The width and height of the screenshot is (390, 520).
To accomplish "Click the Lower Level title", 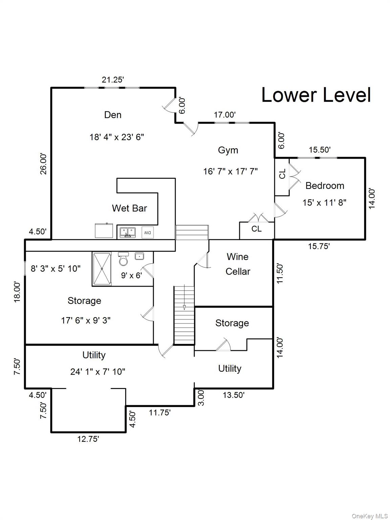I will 316,95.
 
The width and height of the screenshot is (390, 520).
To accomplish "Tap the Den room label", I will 113,115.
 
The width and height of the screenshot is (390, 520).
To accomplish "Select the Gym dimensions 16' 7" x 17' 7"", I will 230,171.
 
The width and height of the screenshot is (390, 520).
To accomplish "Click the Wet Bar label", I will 129,208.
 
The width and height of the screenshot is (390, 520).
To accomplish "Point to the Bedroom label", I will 324,186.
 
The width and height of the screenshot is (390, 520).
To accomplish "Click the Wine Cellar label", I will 238,264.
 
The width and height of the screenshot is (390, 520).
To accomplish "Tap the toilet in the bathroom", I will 123,259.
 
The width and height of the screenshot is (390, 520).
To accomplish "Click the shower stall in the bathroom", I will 102,268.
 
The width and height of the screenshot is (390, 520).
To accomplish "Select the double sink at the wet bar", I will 128,232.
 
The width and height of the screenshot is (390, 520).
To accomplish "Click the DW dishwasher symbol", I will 147,233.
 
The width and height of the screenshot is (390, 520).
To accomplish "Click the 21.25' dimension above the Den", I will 113,80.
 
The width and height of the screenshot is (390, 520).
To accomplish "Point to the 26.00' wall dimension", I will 43,164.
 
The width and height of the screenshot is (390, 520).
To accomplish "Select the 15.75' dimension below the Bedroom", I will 319,246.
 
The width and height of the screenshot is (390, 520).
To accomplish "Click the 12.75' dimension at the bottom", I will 88,439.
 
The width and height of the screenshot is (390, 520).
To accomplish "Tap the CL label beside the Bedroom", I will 282,174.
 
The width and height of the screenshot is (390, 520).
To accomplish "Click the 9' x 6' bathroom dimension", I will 131,275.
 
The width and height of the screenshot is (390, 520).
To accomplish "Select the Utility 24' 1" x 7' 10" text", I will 97,371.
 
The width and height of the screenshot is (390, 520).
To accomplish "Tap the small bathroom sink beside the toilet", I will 139,256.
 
